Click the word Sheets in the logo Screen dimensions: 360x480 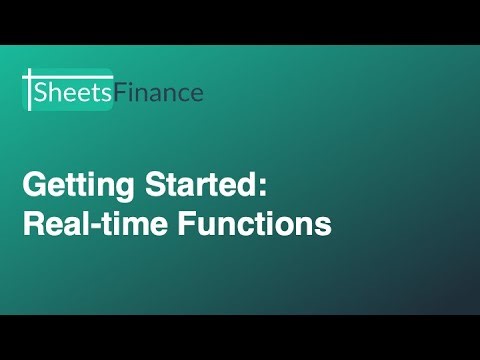tap(73, 93)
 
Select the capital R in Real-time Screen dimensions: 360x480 tap(33, 224)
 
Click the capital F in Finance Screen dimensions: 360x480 tap(120, 93)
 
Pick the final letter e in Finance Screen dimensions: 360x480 tap(196, 95)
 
